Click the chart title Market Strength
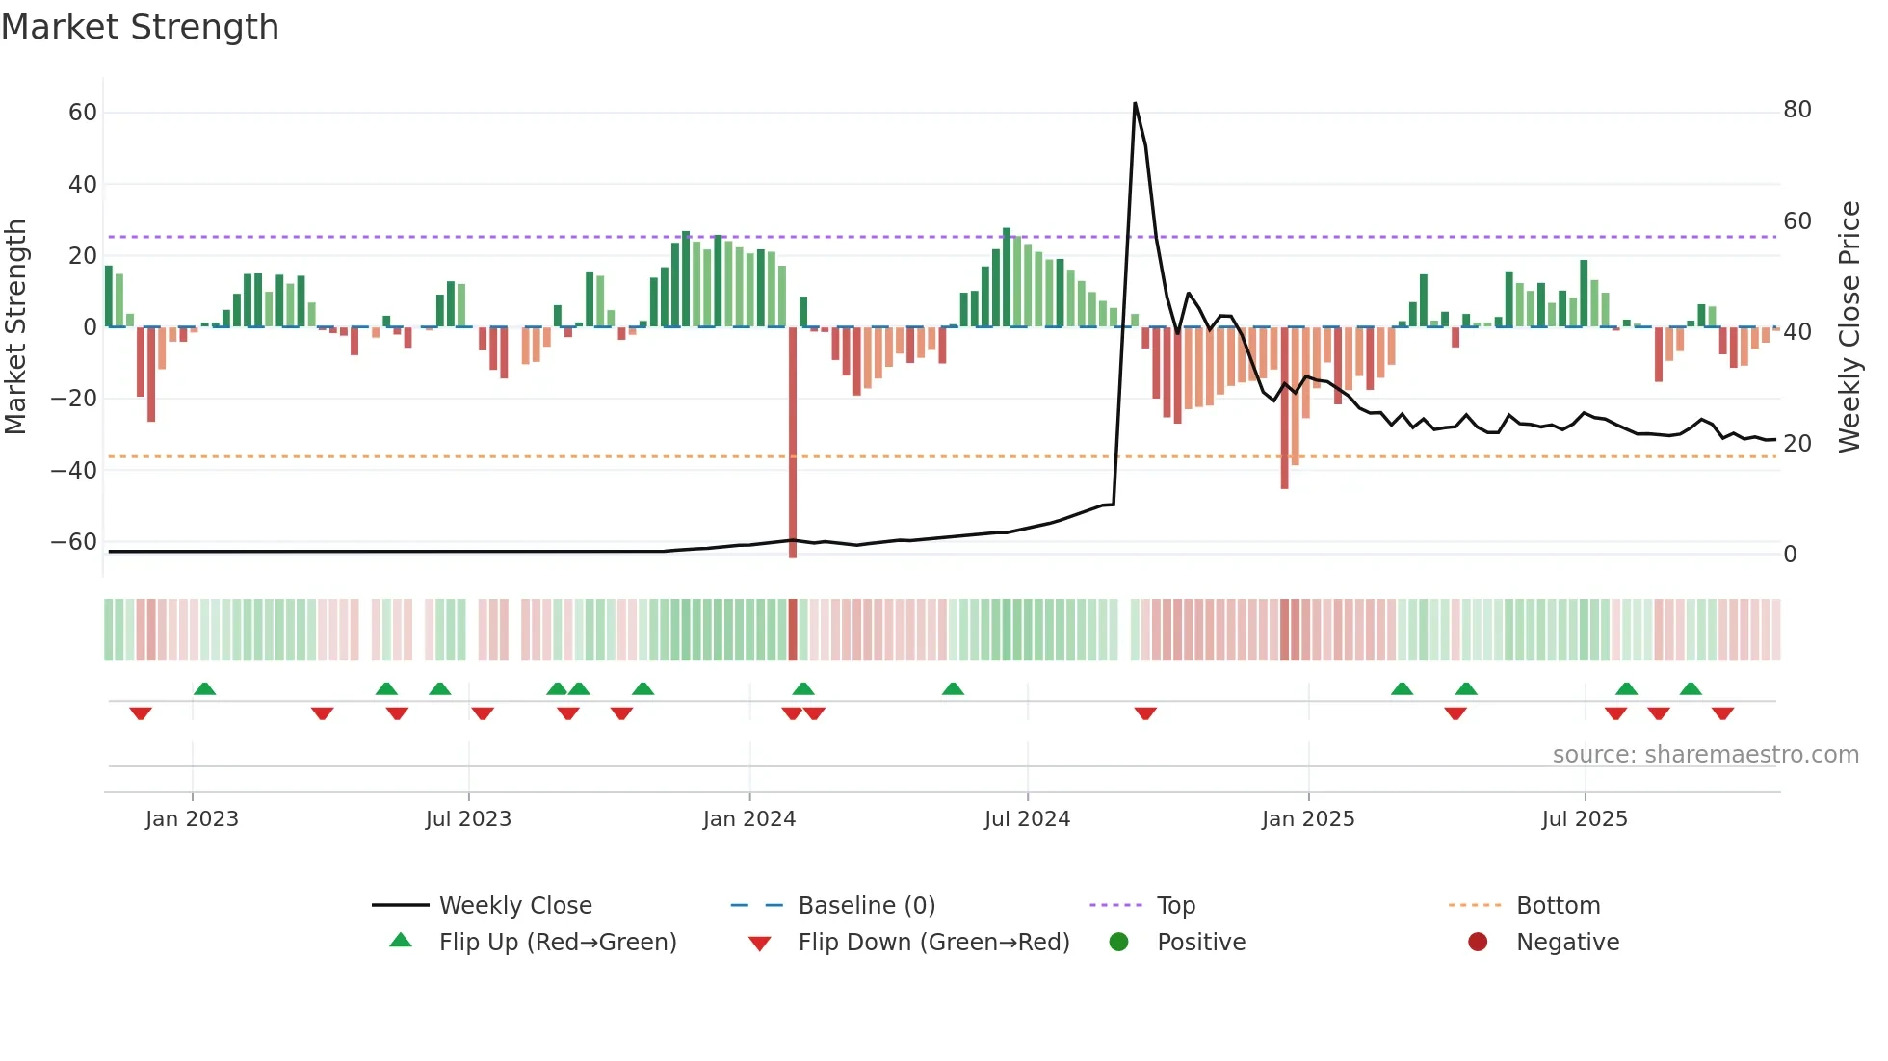tap(140, 27)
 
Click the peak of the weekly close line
tap(1135, 103)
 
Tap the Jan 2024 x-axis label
tap(748, 819)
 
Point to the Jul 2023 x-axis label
tap(468, 819)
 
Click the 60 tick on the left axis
tap(83, 113)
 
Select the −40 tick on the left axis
tap(74, 471)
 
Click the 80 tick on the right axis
tap(1796, 110)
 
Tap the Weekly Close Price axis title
tap(1849, 327)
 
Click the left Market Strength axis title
tap(16, 327)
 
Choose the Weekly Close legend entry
tap(514, 906)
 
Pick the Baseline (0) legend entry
tap(866, 906)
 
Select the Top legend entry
tap(1175, 906)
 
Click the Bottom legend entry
tap(1558, 906)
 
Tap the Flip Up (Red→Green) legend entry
tap(557, 943)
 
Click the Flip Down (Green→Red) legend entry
tap(932, 943)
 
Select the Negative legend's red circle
tap(1478, 943)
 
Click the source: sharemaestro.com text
tap(1705, 755)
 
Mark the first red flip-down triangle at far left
tap(141, 713)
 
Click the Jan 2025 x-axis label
tap(1307, 819)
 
